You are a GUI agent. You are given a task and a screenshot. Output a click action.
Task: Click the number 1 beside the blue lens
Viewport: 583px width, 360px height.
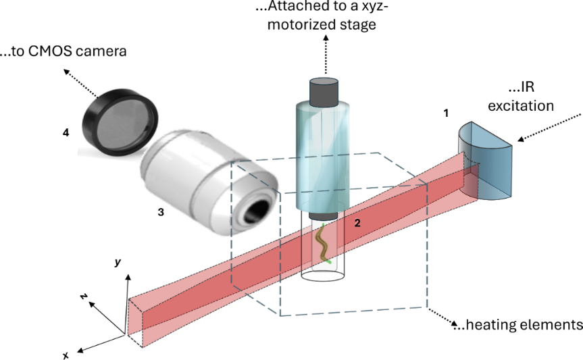point(445,113)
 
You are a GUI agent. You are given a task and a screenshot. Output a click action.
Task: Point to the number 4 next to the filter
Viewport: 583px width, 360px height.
point(66,134)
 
